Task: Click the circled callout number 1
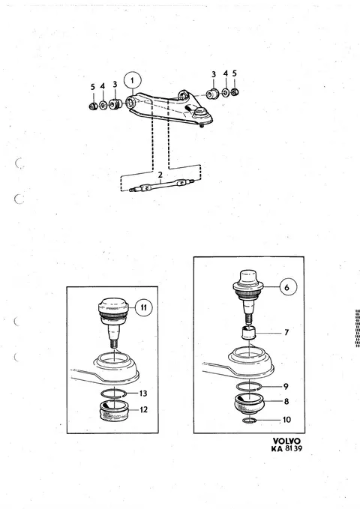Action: click(132, 80)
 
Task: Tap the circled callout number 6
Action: click(286, 287)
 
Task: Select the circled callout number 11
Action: click(143, 307)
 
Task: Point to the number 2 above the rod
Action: click(160, 175)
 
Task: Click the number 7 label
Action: click(286, 332)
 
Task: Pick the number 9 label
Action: click(286, 386)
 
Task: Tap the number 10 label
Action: click(286, 420)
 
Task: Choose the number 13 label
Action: click(143, 394)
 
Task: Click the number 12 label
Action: click(143, 409)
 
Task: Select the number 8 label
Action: click(286, 402)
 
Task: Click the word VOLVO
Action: click(286, 441)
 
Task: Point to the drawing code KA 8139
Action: click(286, 448)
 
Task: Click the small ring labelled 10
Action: click(250, 421)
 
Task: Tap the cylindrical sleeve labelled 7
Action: click(249, 334)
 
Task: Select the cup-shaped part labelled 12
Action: click(114, 411)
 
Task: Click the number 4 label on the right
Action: click(226, 73)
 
